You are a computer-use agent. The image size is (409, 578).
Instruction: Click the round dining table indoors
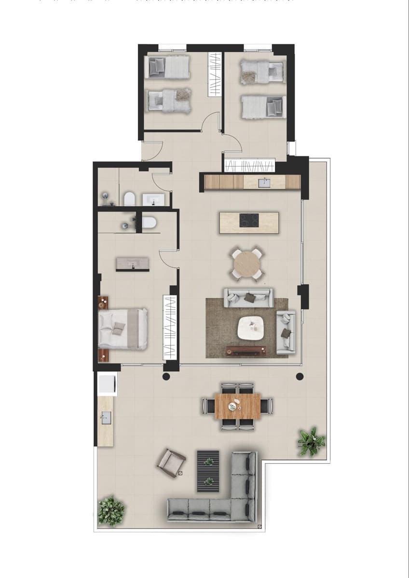tap(248, 263)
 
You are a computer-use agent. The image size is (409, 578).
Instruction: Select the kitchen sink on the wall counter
tap(264, 183)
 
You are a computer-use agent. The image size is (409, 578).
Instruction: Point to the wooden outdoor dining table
tap(237, 406)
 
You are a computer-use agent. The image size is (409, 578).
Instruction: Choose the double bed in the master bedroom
tap(123, 328)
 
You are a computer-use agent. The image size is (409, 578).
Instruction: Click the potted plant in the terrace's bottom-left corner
tap(111, 510)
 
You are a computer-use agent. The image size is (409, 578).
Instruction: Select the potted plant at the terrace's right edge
tap(311, 441)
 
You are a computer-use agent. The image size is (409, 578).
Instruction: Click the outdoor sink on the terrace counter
tap(106, 418)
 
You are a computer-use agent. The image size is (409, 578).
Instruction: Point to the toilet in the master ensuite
tap(149, 223)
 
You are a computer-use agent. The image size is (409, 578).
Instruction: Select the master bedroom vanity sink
tap(133, 263)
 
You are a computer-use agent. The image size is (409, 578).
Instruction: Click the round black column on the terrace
tap(300, 377)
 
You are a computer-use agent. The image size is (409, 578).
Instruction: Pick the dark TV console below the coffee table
tap(246, 350)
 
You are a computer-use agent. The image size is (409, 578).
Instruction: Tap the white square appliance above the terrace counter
tap(106, 384)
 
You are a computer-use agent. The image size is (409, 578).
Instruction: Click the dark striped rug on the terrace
tap(208, 471)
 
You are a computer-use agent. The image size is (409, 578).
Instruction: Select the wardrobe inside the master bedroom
tap(170, 327)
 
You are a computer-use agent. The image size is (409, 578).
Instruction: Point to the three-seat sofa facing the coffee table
tap(249, 297)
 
